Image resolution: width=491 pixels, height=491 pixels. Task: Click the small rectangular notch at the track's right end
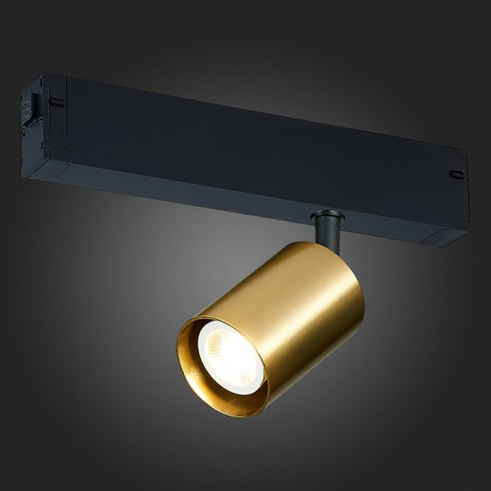point(456,174)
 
